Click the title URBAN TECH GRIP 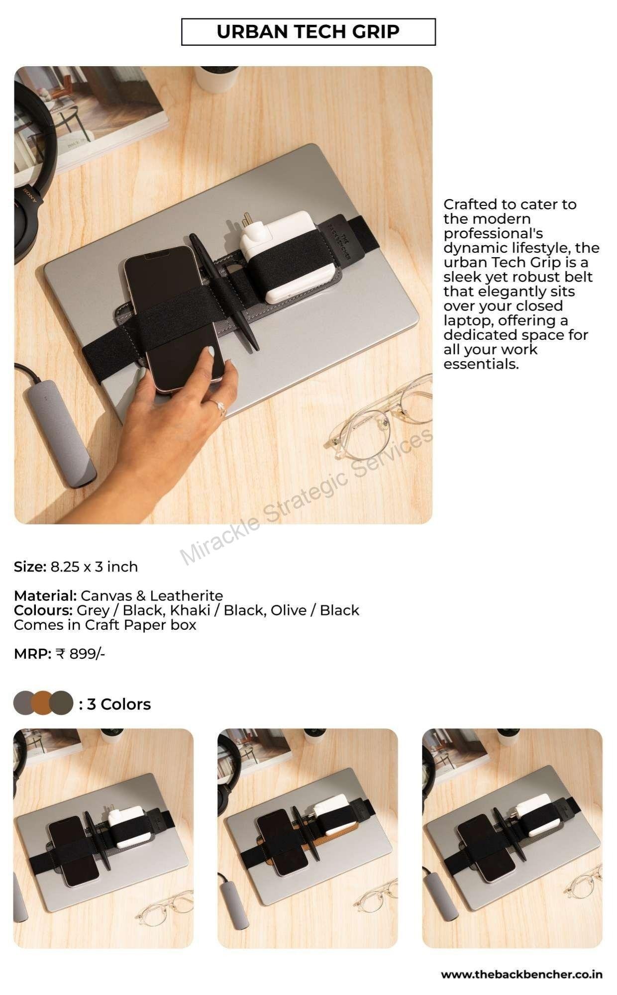(x=308, y=32)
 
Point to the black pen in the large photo (x=224, y=293)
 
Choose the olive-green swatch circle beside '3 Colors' (x=62, y=703)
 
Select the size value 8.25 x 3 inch (x=94, y=567)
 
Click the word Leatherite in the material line (x=187, y=596)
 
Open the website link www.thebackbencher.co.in (x=521, y=975)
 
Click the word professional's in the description (x=493, y=233)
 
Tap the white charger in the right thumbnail (x=533, y=815)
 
